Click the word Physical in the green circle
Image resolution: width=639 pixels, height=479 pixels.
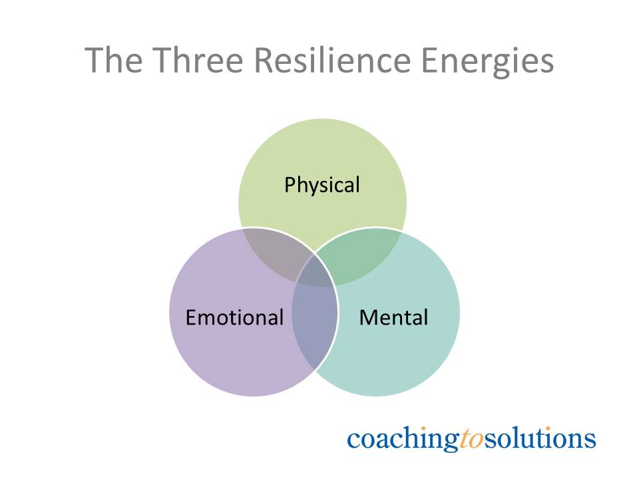(x=321, y=184)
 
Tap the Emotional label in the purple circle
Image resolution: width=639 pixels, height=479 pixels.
(x=234, y=317)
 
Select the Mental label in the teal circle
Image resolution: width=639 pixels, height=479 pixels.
(x=393, y=317)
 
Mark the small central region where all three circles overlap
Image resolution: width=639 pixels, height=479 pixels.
(x=317, y=273)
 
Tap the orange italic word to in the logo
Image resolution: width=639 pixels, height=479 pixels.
(x=472, y=439)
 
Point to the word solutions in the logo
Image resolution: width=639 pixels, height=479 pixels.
(x=540, y=438)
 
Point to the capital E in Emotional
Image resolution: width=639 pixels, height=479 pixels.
(x=191, y=317)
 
